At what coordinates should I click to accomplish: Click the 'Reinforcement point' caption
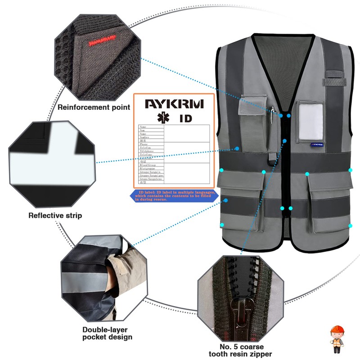coord(94,107)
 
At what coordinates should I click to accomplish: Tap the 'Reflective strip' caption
coord(55,216)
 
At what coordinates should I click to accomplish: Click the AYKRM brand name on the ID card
coord(174,104)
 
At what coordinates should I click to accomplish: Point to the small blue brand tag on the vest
coord(315,145)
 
